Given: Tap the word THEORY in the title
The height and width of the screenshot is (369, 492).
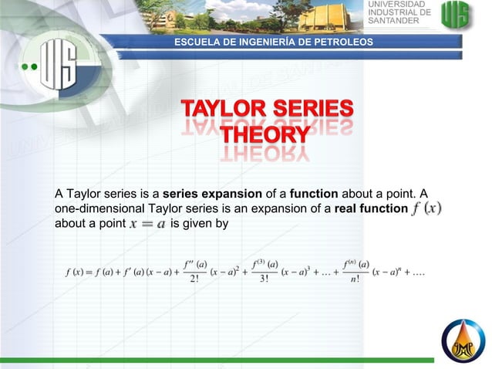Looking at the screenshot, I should (x=266, y=136).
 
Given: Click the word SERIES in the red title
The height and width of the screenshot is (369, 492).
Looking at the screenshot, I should (x=312, y=110).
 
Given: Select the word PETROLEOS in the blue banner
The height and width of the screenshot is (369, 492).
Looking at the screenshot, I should (x=340, y=41).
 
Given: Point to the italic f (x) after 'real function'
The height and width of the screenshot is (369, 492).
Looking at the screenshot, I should (x=427, y=208).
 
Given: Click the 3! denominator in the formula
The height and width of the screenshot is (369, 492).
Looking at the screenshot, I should (x=265, y=280).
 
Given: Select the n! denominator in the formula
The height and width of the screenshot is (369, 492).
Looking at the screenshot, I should (x=354, y=280).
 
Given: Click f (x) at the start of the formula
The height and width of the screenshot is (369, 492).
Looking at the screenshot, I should (x=75, y=273).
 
